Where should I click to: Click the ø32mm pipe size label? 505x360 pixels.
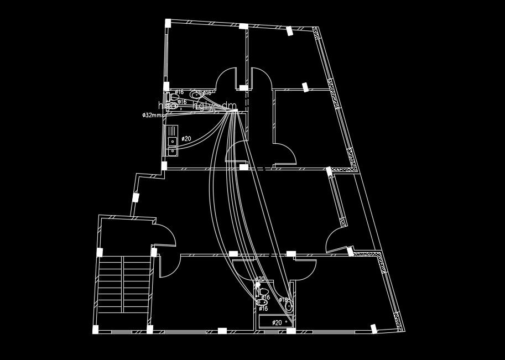tap(153, 116)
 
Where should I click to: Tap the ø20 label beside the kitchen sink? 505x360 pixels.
tap(186, 139)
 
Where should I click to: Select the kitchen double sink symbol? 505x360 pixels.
tap(172, 140)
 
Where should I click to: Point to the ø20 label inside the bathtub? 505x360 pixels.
tap(277, 322)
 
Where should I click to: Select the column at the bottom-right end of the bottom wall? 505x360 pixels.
tap(376, 330)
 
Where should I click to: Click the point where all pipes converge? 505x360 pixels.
tap(233, 111)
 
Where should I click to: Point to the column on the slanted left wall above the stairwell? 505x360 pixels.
tap(135, 197)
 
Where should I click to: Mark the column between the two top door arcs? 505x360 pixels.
tap(243, 87)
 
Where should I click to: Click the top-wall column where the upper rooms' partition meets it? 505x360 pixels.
tap(243, 26)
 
